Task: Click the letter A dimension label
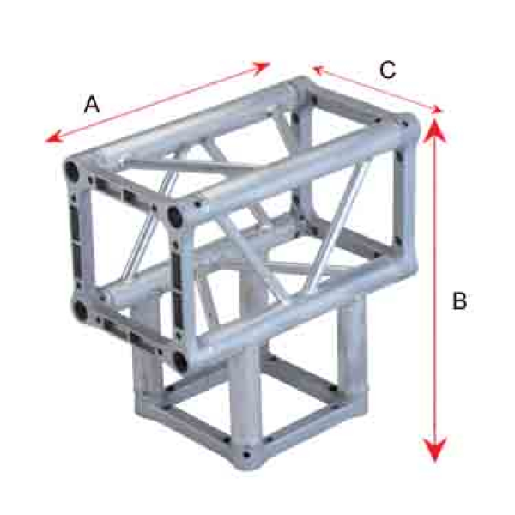tap(92, 105)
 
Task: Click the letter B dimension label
tap(459, 300)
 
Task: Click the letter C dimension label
tap(388, 70)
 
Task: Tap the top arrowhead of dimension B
tap(434, 130)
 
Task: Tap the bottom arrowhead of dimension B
tap(435, 449)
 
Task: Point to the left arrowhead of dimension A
tap(52, 138)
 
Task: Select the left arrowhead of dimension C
tap(318, 70)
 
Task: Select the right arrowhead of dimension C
tap(436, 110)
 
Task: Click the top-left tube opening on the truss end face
tap(71, 171)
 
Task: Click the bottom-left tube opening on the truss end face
tap(80, 310)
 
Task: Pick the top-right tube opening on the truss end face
tap(175, 215)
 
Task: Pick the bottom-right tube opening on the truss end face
tap(180, 361)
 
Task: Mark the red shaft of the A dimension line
tap(158, 102)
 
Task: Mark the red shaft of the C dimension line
tap(377, 89)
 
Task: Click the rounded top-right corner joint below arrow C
tap(408, 126)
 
